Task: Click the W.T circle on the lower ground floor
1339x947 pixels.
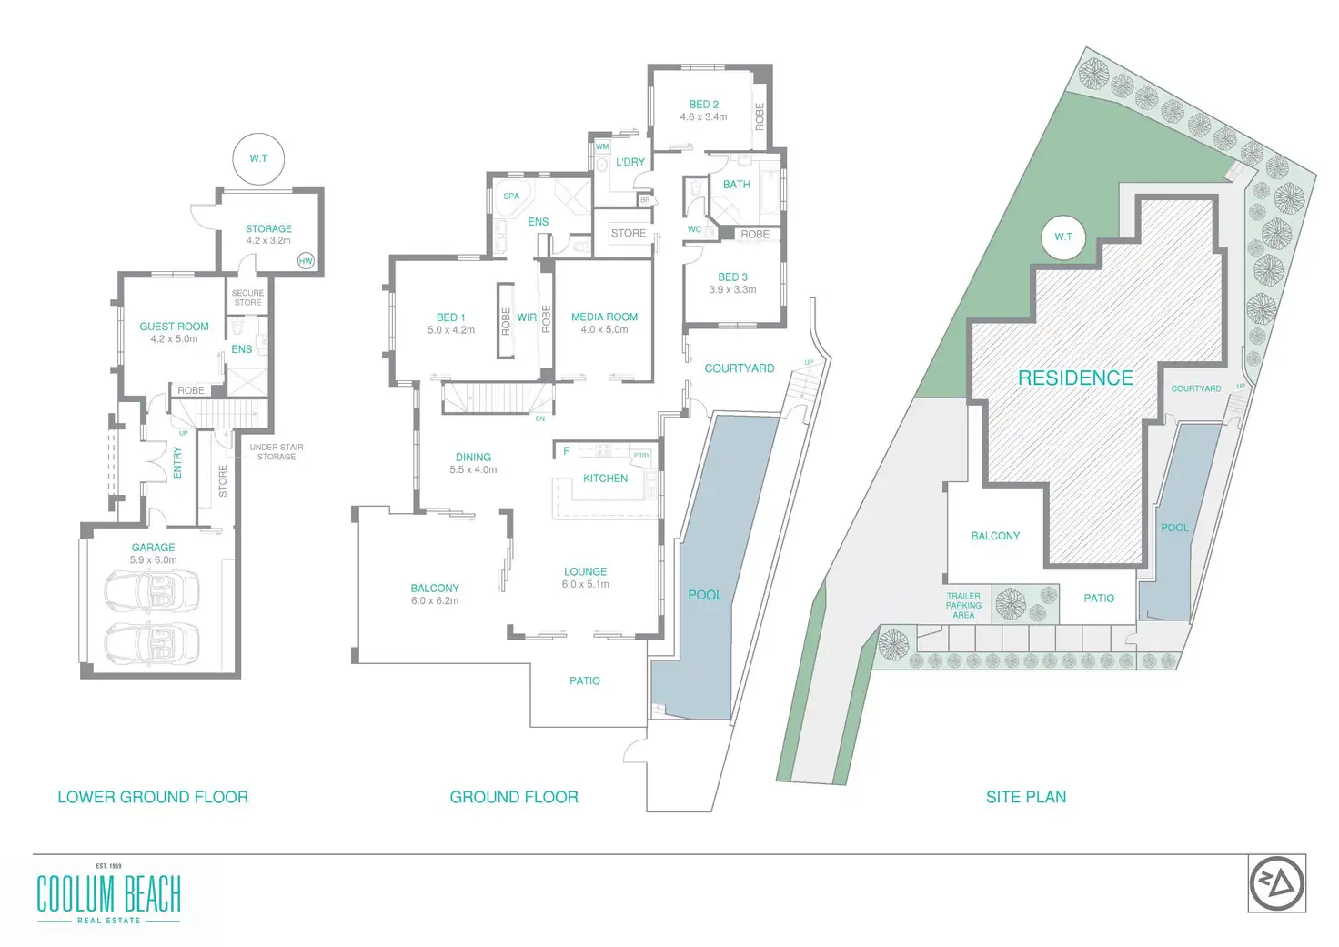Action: [258, 158]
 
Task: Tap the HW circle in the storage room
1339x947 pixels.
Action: [306, 261]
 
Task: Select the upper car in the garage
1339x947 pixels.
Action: [153, 591]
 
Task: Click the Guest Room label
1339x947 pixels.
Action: [174, 327]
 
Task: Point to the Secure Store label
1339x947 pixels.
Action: [247, 297]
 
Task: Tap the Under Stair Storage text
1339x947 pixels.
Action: [277, 452]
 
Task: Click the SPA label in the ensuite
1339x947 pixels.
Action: [511, 196]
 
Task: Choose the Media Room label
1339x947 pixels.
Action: [604, 317]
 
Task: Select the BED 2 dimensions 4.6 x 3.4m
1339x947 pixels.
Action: [703, 117]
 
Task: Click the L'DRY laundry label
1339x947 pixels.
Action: [629, 162]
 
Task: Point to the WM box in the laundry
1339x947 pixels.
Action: [602, 146]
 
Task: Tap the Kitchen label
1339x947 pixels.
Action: [605, 479]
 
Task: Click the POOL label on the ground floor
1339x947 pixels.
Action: [705, 595]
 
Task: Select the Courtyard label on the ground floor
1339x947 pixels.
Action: [740, 368]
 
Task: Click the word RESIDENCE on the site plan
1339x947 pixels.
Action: [1075, 378]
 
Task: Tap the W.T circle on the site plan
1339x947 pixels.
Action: [1063, 237]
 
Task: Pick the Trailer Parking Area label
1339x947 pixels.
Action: [963, 606]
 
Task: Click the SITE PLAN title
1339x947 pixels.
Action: [1025, 797]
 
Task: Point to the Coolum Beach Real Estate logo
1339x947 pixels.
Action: [108, 894]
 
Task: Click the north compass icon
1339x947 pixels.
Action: [1276, 883]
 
